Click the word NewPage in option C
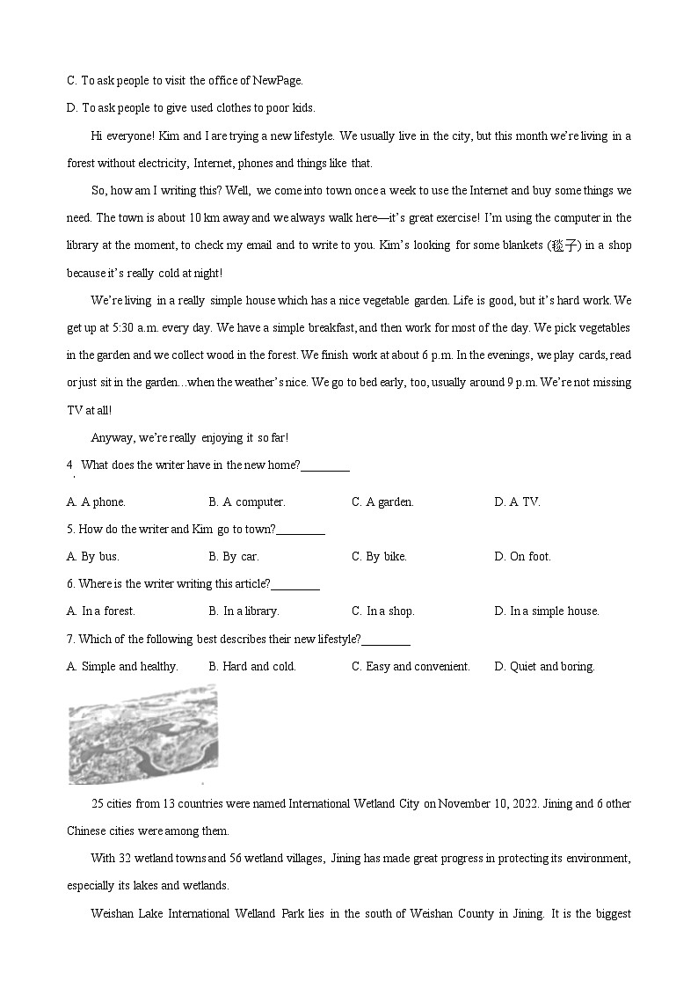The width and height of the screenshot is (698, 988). pyautogui.click(x=276, y=80)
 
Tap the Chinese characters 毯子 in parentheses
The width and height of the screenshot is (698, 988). pyautogui.click(x=563, y=245)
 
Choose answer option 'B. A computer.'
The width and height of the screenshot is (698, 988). pyautogui.click(x=246, y=501)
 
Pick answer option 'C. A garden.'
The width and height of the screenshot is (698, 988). pyautogui.click(x=382, y=501)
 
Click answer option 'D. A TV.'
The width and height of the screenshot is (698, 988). pyautogui.click(x=517, y=501)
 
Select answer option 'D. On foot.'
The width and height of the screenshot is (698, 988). pyautogui.click(x=522, y=556)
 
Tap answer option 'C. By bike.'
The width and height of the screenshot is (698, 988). pyautogui.click(x=379, y=556)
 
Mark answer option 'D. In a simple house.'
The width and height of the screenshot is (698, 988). pyautogui.click(x=546, y=611)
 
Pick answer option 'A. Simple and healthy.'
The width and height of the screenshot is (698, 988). pyautogui.click(x=122, y=666)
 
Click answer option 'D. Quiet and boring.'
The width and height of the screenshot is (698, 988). pyautogui.click(x=544, y=666)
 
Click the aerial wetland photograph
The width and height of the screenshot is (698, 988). pyautogui.click(x=142, y=734)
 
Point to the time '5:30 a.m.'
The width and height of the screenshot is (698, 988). pyautogui.click(x=135, y=327)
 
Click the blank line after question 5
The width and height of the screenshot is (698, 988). pyautogui.click(x=302, y=530)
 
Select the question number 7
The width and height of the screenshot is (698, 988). pyautogui.click(x=70, y=639)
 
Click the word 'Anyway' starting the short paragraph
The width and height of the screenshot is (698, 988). pyautogui.click(x=110, y=437)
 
